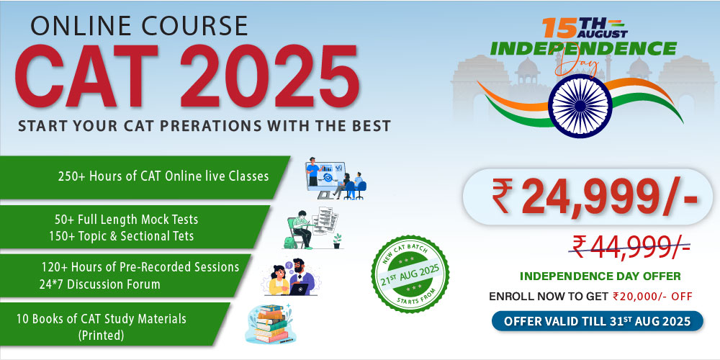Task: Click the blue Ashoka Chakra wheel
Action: click(x=580, y=106)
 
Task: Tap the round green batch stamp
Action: click(x=410, y=274)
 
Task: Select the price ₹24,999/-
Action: click(x=595, y=197)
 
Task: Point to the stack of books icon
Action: click(x=271, y=324)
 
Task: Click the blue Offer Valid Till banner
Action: click(x=598, y=321)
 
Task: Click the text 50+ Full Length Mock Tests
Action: click(x=126, y=219)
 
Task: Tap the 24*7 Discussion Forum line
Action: click(x=100, y=284)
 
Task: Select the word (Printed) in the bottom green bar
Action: click(x=101, y=336)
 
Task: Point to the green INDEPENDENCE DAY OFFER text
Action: click(x=600, y=276)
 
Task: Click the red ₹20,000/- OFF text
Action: click(x=652, y=296)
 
